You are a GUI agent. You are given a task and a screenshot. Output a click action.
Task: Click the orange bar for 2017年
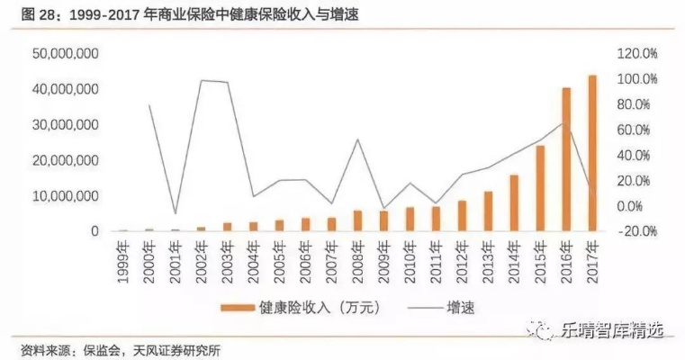click(x=593, y=153)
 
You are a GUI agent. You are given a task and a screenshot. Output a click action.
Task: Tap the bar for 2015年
click(x=540, y=188)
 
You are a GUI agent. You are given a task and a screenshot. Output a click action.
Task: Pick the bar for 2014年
click(x=514, y=202)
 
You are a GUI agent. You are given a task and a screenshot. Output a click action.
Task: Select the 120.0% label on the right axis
click(x=637, y=55)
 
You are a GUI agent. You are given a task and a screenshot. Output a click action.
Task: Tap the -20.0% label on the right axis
click(x=637, y=231)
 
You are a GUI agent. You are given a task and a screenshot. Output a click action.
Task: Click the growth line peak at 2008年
click(x=358, y=139)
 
